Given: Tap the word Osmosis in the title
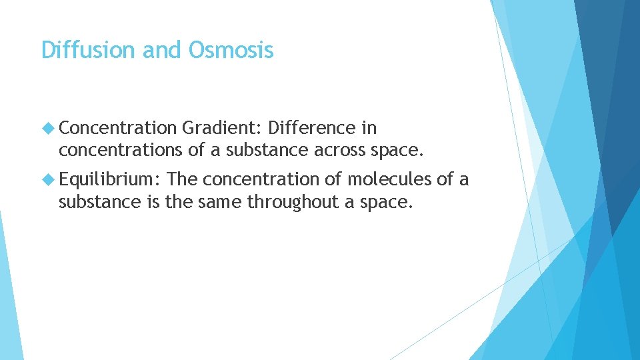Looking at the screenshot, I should [231, 50].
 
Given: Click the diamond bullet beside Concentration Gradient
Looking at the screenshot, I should [49, 127].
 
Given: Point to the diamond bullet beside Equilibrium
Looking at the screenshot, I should [49, 179].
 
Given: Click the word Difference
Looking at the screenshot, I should [310, 127].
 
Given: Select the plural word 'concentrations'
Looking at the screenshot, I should [121, 151].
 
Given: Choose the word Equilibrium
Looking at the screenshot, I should [110, 179].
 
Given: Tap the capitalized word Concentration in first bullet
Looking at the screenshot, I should [117, 127].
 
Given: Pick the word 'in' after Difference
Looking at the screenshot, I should [369, 127].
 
